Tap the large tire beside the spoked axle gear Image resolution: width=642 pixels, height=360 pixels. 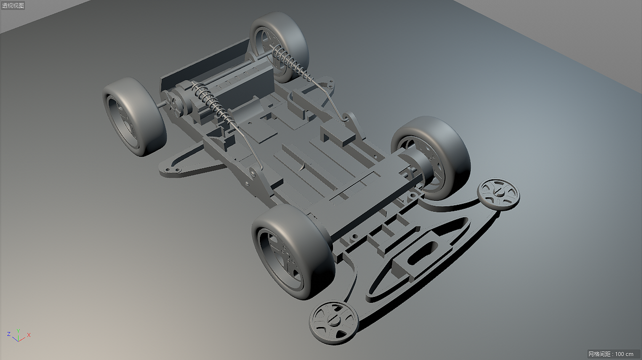pos(134,116)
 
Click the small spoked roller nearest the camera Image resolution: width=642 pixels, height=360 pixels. pos(334,322)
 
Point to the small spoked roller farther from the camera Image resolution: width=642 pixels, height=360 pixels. pos(499,195)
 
